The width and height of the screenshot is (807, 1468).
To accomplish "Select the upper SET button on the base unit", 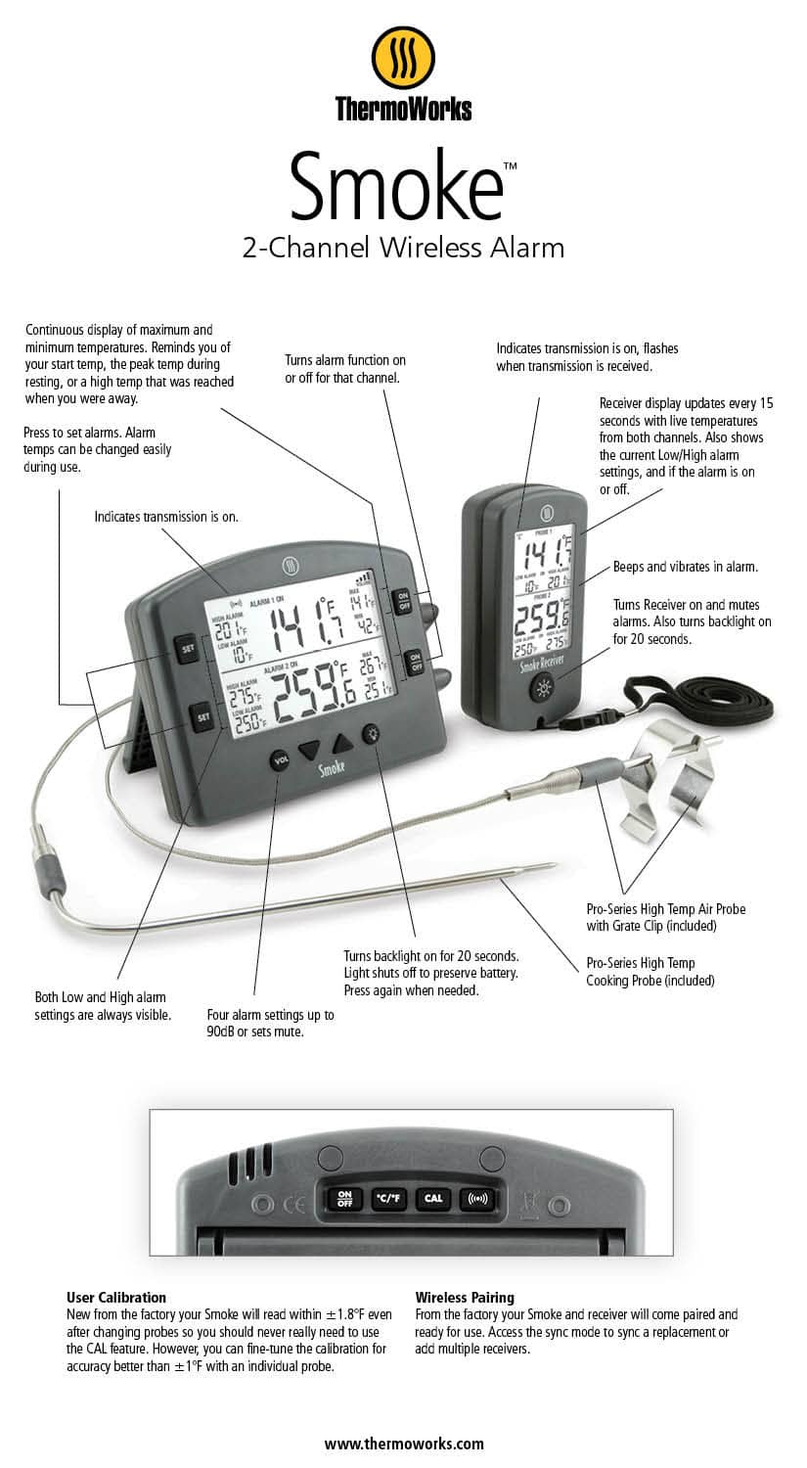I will (x=186, y=646).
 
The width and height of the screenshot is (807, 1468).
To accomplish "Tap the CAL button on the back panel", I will (x=432, y=1198).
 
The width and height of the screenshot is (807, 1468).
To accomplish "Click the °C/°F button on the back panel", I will (x=388, y=1198).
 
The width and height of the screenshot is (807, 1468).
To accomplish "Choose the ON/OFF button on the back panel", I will (x=343, y=1198).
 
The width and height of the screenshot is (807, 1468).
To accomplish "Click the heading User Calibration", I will (x=116, y=1297).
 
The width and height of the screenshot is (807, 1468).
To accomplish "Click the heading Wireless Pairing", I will (x=465, y=1297).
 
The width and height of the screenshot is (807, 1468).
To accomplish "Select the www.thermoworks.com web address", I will (x=404, y=1443).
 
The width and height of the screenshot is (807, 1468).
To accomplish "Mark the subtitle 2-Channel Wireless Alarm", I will (x=403, y=248).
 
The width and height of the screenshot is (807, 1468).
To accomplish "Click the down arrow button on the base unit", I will (x=310, y=751).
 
